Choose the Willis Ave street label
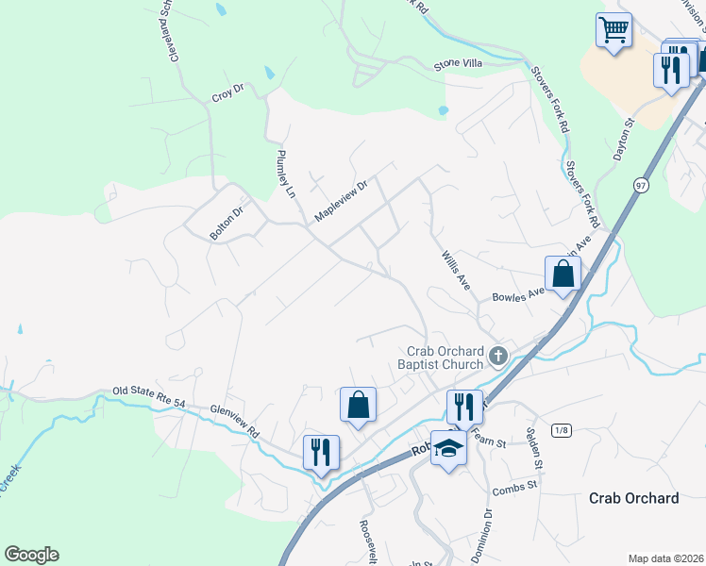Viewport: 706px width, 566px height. pyautogui.click(x=456, y=269)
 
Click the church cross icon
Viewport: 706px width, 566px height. pyautogui.click(x=499, y=357)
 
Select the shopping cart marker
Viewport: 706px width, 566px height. pyautogui.click(x=614, y=30)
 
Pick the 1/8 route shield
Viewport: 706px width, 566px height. pyautogui.click(x=563, y=430)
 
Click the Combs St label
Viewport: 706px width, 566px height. pyautogui.click(x=514, y=487)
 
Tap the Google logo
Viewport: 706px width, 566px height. pyautogui.click(x=31, y=555)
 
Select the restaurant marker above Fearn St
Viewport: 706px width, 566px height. pyautogui.click(x=463, y=407)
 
